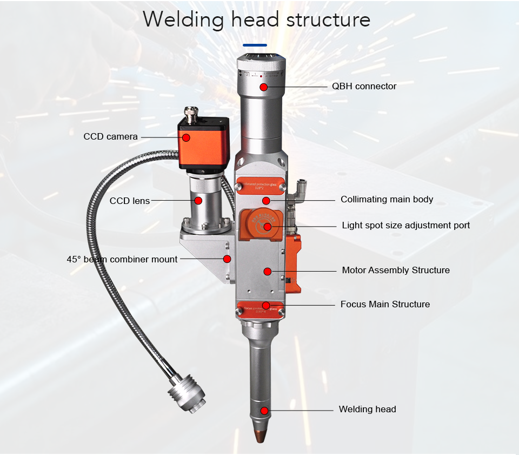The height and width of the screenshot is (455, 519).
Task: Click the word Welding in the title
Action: point(183,19)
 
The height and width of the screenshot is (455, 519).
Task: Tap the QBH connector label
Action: point(364,87)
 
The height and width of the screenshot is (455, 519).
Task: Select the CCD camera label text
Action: point(110,137)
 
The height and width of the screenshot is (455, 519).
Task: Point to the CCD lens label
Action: point(130,201)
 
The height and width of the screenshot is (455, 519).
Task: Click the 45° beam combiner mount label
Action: point(122,259)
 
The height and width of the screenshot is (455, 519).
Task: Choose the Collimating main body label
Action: point(387,200)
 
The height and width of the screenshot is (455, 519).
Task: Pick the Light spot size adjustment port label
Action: point(405,225)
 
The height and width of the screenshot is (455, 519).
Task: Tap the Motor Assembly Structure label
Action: point(396,270)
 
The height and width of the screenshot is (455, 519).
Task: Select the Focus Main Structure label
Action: point(385,304)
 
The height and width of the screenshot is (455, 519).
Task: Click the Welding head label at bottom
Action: point(367,409)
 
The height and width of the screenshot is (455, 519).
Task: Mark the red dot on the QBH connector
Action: point(263,87)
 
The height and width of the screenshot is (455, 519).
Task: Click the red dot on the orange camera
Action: point(186,137)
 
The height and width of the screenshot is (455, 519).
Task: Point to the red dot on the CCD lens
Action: point(198,201)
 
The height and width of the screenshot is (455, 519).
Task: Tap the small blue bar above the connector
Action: point(255,45)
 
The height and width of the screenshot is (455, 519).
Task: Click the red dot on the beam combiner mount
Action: point(227,259)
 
